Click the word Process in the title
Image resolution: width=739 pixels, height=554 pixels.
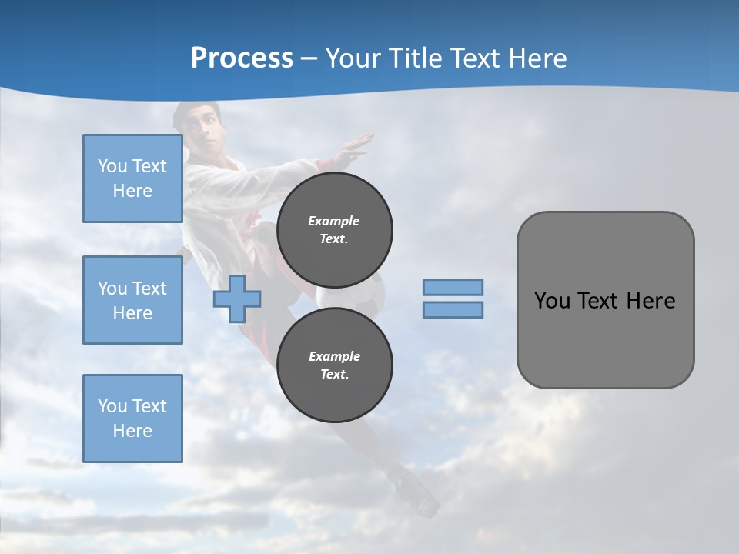click(x=242, y=58)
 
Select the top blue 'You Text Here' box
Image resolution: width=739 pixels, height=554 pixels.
click(x=132, y=179)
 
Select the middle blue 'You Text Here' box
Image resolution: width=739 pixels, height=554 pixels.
click(x=132, y=300)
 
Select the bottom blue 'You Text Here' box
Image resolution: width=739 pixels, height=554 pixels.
click(x=132, y=418)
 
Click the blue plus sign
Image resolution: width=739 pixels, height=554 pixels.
click(x=237, y=299)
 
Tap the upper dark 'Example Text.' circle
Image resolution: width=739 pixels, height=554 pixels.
click(x=335, y=229)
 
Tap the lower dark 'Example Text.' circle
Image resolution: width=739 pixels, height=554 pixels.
click(x=335, y=365)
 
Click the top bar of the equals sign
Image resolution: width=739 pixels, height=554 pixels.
click(x=453, y=287)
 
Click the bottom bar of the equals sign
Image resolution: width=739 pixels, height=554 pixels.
click(x=453, y=309)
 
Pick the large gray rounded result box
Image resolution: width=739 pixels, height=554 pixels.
click(x=605, y=300)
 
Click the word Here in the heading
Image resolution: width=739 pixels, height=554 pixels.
click(x=538, y=58)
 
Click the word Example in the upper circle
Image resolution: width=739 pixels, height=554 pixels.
click(x=334, y=221)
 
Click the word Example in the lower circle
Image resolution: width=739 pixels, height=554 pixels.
click(x=334, y=356)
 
